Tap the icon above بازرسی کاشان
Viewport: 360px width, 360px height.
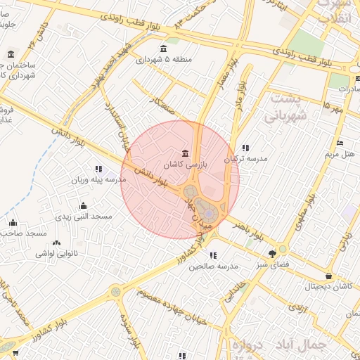tap(184, 153)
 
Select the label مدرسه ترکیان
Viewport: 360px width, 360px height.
tap(245, 159)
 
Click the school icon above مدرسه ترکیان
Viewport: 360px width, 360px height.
tap(245, 148)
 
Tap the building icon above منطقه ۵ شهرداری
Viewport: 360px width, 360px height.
tap(163, 49)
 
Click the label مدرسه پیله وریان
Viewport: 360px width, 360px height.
tap(98, 180)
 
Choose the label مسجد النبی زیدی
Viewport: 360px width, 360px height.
tap(84, 217)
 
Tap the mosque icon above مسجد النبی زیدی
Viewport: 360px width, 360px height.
tap(84, 206)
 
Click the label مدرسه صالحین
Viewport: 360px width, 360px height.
tap(214, 266)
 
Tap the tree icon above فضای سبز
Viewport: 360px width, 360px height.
tap(272, 254)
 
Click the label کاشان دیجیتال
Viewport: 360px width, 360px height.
tap(328, 287)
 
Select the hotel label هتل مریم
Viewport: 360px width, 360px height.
tap(340, 153)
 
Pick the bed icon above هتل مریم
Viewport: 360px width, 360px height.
tap(340, 143)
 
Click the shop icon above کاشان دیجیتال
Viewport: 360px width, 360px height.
tap(328, 276)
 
